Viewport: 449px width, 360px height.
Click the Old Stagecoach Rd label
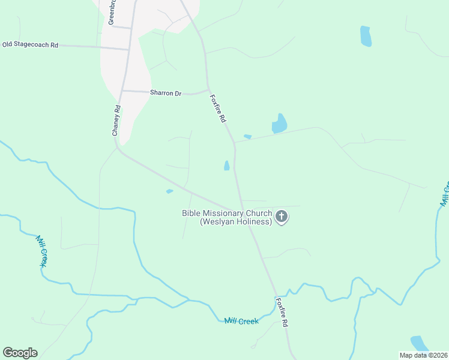30,44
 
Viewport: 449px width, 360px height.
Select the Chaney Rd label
117,121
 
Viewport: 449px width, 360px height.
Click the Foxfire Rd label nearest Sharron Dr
218,109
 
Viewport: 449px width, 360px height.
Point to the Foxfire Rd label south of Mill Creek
282,312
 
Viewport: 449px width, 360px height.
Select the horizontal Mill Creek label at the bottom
241,322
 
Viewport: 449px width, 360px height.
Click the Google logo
20,353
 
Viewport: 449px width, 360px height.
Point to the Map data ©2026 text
424,355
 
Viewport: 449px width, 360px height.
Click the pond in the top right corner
366,36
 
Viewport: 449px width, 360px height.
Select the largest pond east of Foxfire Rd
279,124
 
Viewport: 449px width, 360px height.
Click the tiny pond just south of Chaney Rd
169,191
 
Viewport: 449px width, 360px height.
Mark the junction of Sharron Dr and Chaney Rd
122,91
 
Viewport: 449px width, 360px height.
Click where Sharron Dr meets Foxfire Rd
208,90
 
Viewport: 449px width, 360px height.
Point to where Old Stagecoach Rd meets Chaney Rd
128,49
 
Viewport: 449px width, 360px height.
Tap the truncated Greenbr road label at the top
111,12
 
